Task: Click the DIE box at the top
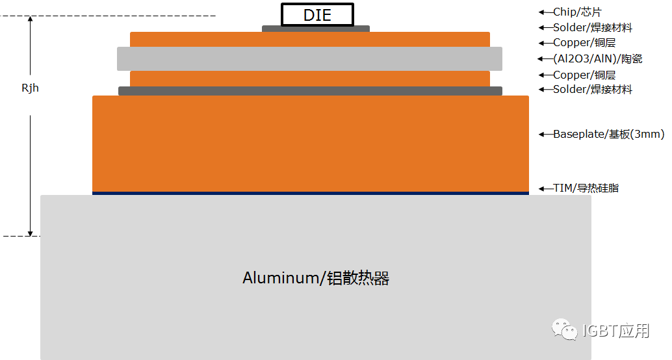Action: pos(317,14)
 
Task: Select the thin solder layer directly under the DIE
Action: pos(316,29)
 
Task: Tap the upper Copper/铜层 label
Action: pos(584,43)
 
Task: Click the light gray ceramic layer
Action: pos(309,58)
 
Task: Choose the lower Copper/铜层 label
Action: pos(584,75)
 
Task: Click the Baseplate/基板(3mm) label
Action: pos(609,135)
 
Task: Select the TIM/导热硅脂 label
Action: pos(586,188)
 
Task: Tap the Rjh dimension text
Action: pos(30,88)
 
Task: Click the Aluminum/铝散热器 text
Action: pos(316,278)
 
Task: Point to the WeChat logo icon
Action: pos(565,330)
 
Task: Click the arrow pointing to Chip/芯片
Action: pos(545,12)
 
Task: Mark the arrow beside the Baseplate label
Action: pos(545,135)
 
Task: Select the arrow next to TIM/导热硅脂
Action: pos(545,188)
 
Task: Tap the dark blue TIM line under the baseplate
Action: pos(310,193)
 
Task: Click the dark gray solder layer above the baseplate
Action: pos(310,91)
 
